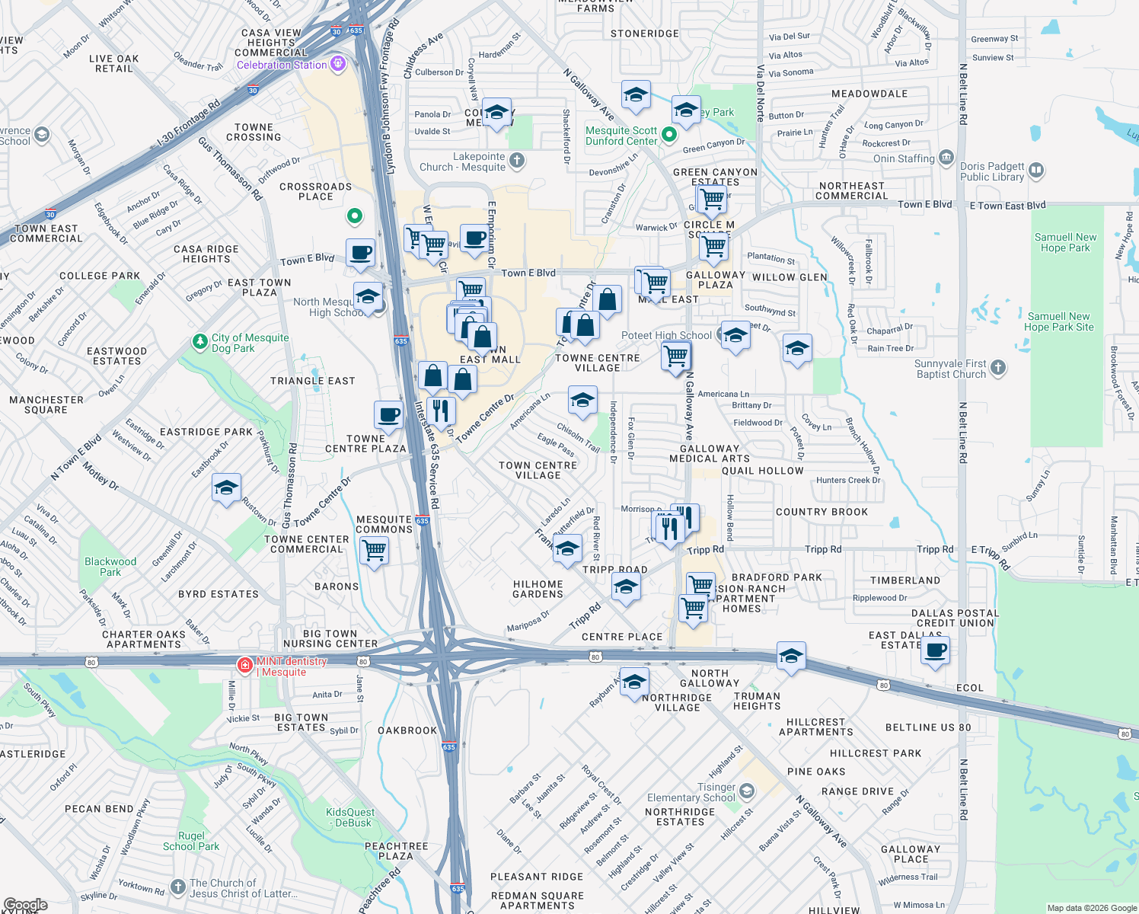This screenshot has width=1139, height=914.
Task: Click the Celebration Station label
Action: [x=282, y=65]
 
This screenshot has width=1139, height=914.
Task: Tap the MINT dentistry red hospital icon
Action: [x=244, y=666]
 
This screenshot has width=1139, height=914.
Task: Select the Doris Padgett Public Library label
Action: [x=991, y=171]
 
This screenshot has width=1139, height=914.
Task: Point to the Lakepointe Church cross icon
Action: [x=517, y=160]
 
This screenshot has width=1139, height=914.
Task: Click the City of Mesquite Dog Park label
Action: [x=250, y=343]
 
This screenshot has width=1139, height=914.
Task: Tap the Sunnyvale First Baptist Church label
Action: [x=951, y=369]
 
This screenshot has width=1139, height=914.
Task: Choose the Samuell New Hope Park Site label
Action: [x=1058, y=321]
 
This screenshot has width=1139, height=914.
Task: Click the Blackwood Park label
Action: [x=110, y=567]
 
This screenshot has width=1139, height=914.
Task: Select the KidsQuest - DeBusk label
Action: [x=350, y=817]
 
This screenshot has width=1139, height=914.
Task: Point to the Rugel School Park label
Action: [x=191, y=841]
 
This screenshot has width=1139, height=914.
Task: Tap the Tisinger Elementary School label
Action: [x=691, y=792]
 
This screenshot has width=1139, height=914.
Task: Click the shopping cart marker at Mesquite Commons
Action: [x=375, y=549]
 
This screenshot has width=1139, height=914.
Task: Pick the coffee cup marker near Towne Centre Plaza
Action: [x=389, y=415]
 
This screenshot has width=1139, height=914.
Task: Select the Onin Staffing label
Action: [x=904, y=158]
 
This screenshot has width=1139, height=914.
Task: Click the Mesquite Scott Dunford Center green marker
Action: [x=669, y=135]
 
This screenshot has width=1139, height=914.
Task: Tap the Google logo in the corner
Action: [x=25, y=905]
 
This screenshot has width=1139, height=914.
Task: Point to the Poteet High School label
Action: [x=666, y=335]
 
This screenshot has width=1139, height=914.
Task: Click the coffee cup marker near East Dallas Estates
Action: [x=936, y=650]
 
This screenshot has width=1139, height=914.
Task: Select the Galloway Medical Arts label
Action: [x=710, y=454]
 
